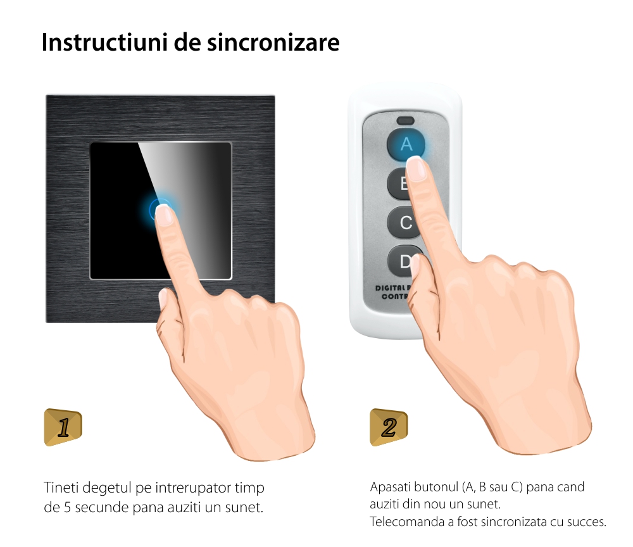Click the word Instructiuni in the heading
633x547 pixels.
105,42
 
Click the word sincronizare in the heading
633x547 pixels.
273,42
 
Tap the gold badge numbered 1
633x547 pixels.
63,427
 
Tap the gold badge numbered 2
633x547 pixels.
389,427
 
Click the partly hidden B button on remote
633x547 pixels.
398,184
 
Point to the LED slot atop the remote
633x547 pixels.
405,121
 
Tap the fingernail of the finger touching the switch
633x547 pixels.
164,215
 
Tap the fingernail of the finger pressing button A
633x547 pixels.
416,169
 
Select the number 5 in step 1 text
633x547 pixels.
68,507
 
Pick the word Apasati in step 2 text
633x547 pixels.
390,487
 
